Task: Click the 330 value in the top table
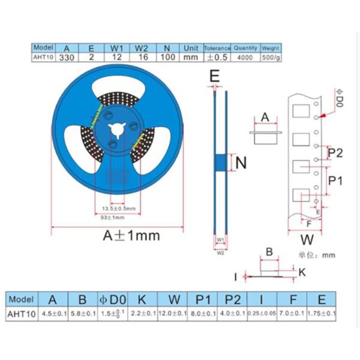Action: pyautogui.click(x=66, y=58)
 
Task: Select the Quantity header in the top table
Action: pyautogui.click(x=245, y=47)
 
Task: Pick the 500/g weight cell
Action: pyautogui.click(x=272, y=58)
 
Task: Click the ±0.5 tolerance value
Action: pyautogui.click(x=217, y=58)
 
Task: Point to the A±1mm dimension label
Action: pyautogui.click(x=131, y=236)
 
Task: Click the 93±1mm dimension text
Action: pyautogui.click(x=112, y=217)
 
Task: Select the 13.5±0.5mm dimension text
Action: pyautogui.click(x=117, y=208)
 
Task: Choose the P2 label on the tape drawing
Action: pyautogui.click(x=335, y=153)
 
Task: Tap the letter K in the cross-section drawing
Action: pyautogui.click(x=302, y=272)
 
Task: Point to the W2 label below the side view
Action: pyautogui.click(x=220, y=253)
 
